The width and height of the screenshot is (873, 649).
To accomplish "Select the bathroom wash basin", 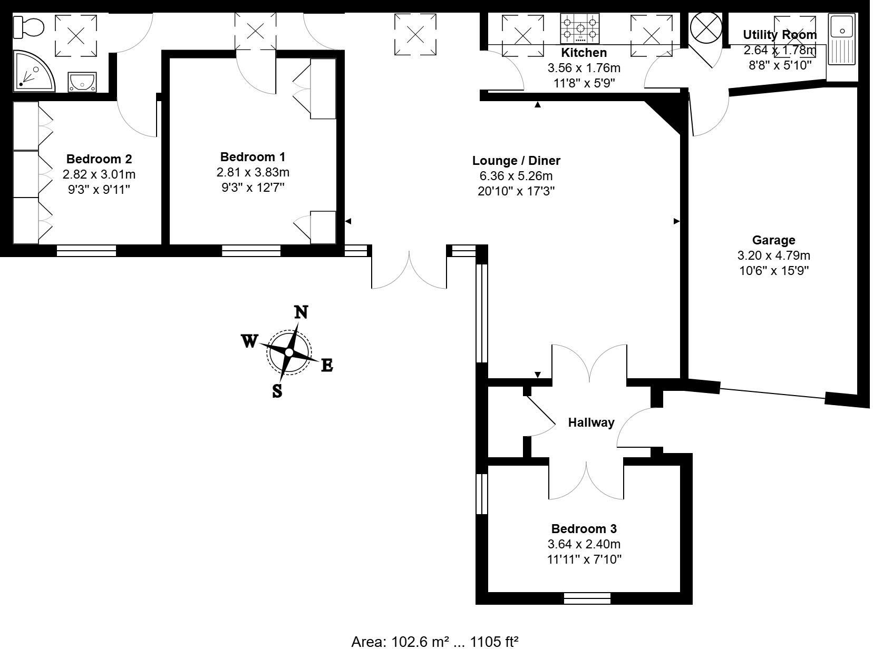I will tap(82, 82).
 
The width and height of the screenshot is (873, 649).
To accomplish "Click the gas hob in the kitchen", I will tap(580, 28).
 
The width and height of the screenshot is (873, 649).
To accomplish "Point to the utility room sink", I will tap(842, 40).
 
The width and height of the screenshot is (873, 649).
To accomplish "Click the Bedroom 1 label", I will tap(253, 156).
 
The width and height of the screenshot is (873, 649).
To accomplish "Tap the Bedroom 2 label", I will tap(99, 159).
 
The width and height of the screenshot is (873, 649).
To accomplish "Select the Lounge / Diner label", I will tap(516, 161).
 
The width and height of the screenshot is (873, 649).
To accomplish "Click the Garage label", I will tap(773, 240).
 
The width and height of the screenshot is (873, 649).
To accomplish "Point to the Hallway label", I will tap(591, 422).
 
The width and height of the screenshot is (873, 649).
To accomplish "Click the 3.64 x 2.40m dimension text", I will tap(584, 544).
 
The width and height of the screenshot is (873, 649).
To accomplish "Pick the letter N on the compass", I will tap(300, 312).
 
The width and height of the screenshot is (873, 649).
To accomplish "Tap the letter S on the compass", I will tap(277, 391).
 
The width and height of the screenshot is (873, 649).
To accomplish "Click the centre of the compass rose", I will tap(289, 351).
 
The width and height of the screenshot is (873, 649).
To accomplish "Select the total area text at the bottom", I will tap(435, 641).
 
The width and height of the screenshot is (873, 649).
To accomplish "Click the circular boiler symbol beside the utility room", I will tap(706, 27).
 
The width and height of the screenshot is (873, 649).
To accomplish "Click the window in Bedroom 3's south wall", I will tap(587, 598).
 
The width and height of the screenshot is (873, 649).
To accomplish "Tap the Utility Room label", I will tap(780, 35).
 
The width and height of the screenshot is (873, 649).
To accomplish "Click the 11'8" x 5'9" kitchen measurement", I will tap(584, 83).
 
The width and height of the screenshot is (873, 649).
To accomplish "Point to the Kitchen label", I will tap(584, 53).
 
